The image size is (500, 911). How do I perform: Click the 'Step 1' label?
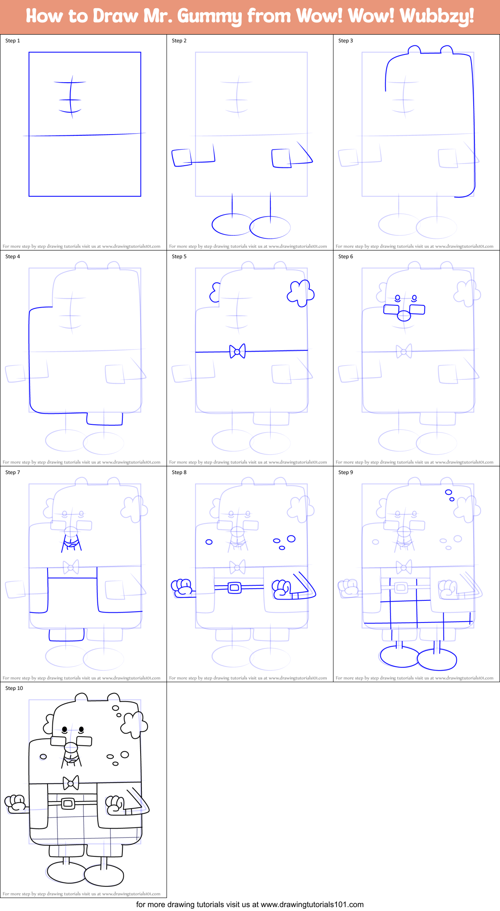pos(13,41)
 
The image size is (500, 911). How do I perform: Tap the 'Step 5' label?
pos(179,257)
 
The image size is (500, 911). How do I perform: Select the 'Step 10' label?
pos(14,688)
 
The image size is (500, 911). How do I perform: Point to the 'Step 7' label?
pos(13,472)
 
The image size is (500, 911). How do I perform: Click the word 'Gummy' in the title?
pos(210,16)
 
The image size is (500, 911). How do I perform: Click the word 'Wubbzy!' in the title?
pos(437,16)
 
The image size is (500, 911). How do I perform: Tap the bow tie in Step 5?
pos(237,351)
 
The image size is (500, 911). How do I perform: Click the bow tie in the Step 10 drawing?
pos(71,783)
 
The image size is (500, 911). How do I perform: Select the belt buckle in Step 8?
pos(234,587)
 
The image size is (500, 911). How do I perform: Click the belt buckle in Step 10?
pos(68,803)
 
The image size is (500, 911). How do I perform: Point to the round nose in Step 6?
pos(404,316)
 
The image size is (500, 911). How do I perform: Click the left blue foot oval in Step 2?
pos(231,225)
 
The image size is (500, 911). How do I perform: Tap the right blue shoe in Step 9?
pos(437,659)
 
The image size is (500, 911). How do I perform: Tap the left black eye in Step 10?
pos(64,729)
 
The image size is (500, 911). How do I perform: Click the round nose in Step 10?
pos(71,747)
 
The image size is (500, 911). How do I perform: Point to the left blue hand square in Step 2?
pos(182,157)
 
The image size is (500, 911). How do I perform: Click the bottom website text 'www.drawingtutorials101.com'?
pos(312,905)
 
